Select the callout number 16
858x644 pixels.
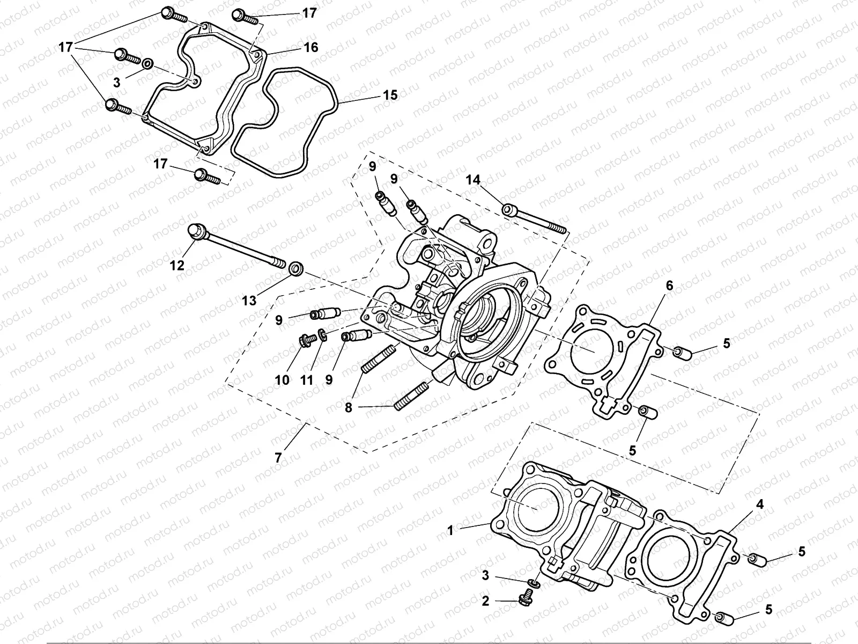311,47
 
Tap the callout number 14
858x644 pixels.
473,180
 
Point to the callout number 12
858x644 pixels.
177,265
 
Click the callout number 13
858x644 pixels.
249,301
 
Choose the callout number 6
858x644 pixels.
669,286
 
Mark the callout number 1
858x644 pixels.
451,530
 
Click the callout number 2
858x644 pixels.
485,602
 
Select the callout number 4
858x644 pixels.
759,504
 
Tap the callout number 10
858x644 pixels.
283,380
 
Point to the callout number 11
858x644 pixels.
306,380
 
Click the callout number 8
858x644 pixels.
349,408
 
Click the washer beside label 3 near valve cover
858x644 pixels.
147,65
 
